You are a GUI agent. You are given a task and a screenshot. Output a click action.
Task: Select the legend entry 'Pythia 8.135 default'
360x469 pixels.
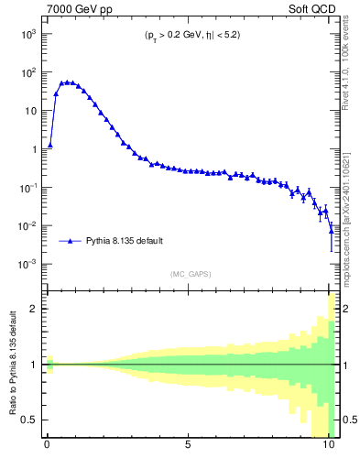125,241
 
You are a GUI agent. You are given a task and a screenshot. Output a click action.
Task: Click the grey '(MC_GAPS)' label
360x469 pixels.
189,274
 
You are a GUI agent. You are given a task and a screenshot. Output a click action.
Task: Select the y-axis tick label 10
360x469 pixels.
30,110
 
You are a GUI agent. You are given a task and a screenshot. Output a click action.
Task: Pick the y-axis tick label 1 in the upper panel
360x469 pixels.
34,148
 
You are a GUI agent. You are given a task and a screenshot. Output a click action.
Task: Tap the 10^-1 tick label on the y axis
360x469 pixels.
27,187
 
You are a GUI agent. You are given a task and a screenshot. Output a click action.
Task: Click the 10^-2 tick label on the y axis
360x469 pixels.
27,225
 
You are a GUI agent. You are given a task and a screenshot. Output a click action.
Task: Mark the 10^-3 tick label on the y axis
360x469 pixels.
27,264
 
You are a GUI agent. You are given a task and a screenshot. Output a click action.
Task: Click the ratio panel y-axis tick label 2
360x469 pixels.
34,309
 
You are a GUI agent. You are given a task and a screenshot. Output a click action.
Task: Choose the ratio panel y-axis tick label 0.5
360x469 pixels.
30,420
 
